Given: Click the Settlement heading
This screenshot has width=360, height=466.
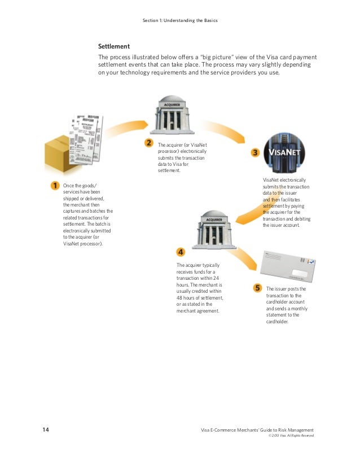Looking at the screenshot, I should point(114,46).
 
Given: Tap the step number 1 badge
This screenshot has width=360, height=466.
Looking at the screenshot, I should point(55,185).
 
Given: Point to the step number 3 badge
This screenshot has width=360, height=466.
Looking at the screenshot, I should point(255,152).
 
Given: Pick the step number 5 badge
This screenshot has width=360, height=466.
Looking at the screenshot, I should point(257,288).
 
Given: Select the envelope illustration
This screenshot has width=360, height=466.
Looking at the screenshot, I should point(288,267).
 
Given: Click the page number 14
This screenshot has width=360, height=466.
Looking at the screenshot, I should point(46,430).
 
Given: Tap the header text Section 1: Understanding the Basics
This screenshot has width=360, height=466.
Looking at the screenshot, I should point(180,21).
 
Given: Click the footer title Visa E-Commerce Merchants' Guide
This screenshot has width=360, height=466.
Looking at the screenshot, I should point(257,430).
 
